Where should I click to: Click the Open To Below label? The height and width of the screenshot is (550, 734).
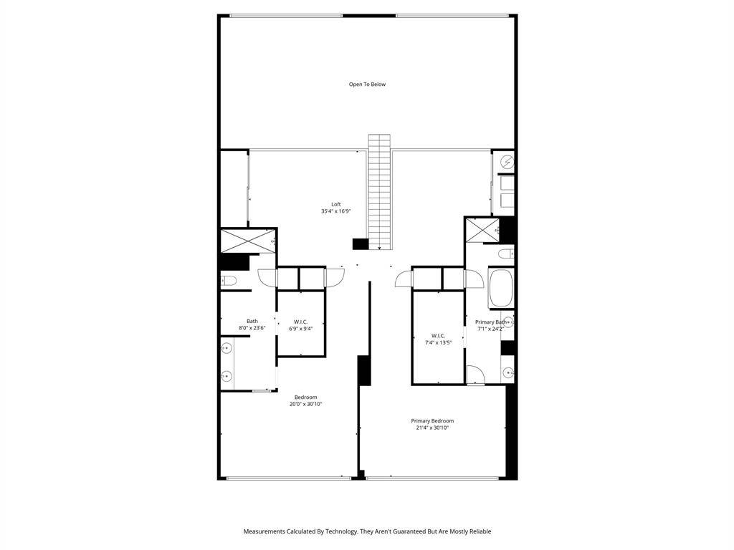click(367, 85)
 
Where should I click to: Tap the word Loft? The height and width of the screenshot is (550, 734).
click(336, 204)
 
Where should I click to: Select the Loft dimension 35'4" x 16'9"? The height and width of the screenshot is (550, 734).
click(336, 211)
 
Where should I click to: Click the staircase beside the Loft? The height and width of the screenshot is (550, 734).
click(379, 192)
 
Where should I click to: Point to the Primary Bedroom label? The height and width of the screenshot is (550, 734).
click(432, 421)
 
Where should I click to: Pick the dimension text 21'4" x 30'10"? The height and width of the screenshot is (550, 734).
click(432, 428)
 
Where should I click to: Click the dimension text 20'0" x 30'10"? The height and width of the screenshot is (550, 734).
click(306, 404)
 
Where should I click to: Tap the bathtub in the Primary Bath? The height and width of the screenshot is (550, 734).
click(501, 288)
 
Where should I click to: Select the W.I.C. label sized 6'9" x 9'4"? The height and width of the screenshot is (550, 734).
click(300, 322)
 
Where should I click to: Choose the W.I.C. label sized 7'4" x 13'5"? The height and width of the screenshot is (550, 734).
click(438, 336)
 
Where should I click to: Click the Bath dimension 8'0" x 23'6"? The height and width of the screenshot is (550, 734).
click(252, 328)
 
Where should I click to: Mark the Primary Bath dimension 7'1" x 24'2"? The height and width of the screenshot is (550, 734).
click(490, 329)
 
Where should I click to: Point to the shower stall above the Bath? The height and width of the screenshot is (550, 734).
click(247, 241)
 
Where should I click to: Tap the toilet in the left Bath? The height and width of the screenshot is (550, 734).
click(229, 281)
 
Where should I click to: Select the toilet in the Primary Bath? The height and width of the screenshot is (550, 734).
click(506, 254)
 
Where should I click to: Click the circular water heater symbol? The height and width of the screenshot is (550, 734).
click(507, 163)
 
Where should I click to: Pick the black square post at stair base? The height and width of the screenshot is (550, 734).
click(361, 244)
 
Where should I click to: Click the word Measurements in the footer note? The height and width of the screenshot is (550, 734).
click(264, 531)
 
